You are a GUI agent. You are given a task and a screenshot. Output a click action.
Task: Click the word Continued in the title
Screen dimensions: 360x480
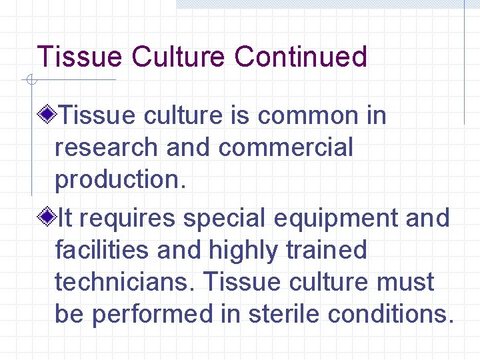click(x=300, y=57)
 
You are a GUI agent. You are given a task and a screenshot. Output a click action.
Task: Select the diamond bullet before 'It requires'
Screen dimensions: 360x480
click(x=46, y=218)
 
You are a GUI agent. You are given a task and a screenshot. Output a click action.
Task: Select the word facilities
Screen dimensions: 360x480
click(x=107, y=250)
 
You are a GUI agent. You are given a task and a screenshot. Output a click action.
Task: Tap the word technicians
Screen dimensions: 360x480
click(x=125, y=282)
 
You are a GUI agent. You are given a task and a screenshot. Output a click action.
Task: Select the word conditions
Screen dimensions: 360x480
click(x=391, y=314)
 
